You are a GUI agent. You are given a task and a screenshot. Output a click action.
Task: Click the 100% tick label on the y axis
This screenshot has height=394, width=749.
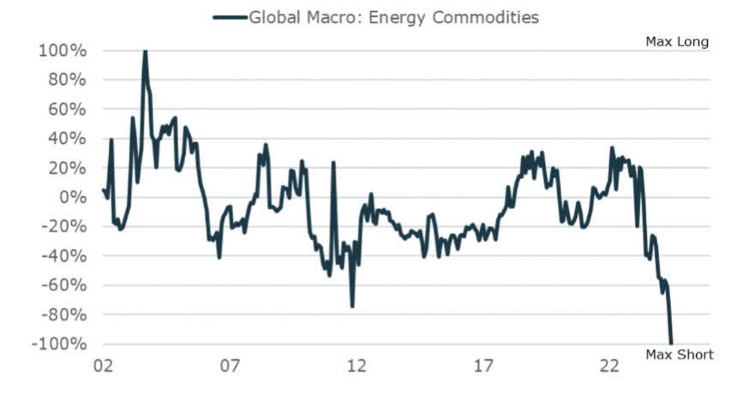63,51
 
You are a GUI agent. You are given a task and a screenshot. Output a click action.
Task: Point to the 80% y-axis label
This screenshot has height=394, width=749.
67,80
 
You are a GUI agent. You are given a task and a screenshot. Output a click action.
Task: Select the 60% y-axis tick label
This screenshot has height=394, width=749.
67,109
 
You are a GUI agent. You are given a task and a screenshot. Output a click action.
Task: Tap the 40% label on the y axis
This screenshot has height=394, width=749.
67,139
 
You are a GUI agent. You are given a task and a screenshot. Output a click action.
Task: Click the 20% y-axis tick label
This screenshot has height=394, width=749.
67,168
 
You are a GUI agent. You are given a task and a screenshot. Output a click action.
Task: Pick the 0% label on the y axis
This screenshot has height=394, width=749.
71,197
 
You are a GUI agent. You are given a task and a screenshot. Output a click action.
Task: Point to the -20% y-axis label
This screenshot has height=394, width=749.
64,226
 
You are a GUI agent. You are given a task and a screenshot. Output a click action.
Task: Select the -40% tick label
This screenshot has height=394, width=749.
64,256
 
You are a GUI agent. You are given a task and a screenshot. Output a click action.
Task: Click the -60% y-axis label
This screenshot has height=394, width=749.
64,285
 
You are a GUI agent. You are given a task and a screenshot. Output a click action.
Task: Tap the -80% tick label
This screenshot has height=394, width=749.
64,314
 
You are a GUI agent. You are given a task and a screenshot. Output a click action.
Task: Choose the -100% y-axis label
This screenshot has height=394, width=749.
60,343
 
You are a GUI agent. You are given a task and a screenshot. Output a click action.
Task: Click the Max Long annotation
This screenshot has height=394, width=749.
677,42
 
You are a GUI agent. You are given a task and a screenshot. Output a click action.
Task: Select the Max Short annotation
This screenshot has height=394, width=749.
679,355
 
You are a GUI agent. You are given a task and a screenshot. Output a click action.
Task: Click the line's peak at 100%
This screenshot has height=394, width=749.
145,51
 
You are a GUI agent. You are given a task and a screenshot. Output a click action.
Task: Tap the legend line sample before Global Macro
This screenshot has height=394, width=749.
229,17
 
